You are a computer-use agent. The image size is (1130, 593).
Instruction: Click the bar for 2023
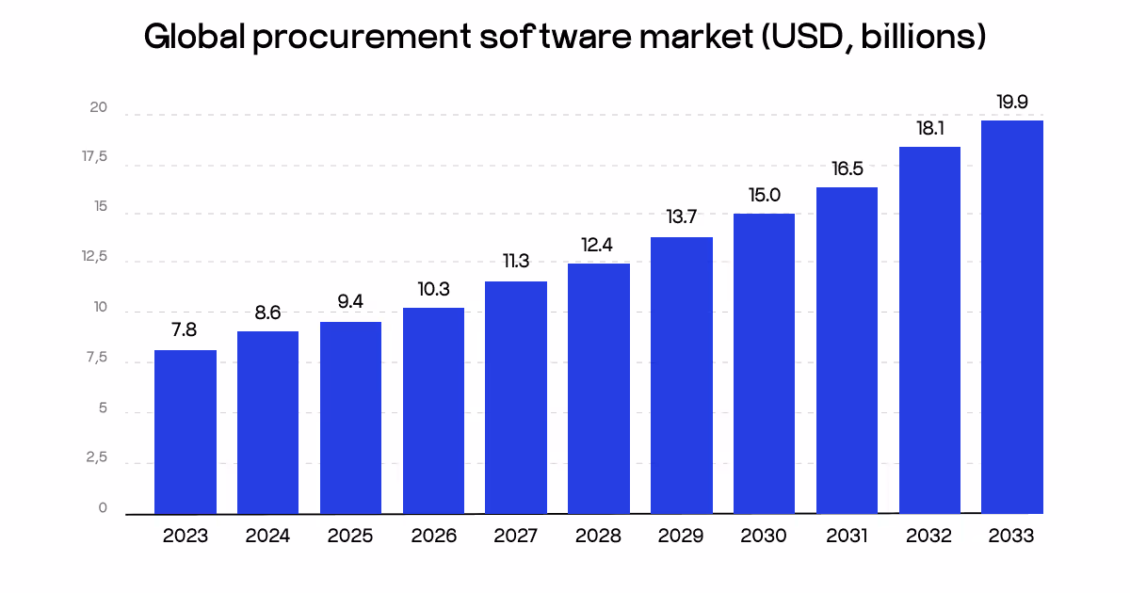186,432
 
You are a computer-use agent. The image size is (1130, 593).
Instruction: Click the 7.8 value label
185,330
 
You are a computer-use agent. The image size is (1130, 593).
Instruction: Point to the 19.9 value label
1012,102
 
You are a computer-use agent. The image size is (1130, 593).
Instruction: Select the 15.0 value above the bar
764,195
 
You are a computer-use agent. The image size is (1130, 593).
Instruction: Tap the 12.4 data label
599,245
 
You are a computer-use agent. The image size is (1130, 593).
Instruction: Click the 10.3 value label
433,289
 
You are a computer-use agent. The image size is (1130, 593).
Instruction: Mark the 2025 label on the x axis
350,537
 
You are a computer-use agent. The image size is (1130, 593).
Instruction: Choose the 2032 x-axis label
929,537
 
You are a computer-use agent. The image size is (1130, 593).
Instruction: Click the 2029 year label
681,537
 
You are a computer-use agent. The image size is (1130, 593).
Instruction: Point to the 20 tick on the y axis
99,109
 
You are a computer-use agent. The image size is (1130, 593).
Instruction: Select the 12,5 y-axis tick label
94,258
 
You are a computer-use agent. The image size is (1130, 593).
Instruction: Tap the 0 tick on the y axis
103,508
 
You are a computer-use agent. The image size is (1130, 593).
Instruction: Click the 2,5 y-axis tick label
96,458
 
